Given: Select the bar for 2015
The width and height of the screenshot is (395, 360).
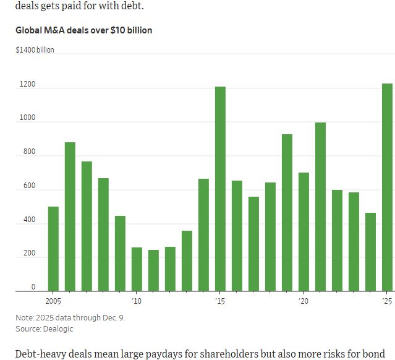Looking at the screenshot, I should (220, 189).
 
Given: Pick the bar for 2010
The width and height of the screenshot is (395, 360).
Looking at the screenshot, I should (137, 269).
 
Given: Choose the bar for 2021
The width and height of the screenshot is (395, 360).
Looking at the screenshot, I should (320, 207).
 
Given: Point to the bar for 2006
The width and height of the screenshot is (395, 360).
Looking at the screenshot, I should (70, 216).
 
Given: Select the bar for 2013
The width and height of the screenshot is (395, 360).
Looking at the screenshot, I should (187, 260).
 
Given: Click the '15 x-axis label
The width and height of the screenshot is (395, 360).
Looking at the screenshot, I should (220, 301).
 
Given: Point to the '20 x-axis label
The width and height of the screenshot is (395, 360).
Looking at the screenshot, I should (304, 301).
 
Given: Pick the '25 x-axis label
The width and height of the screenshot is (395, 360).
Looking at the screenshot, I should (387, 301).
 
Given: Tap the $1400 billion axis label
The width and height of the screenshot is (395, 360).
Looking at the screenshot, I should (35, 49).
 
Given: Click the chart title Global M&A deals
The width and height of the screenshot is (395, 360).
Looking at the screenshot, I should (83, 30).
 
